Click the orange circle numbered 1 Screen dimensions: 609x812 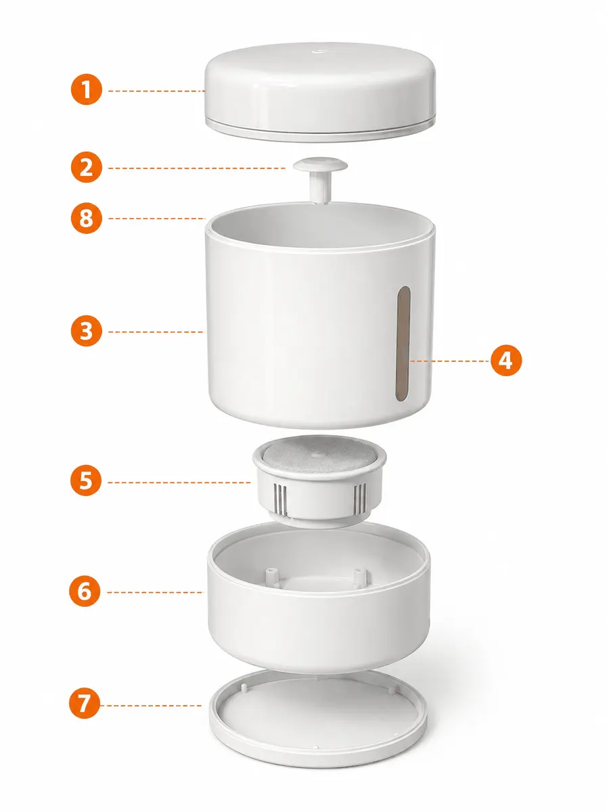coord(87,89)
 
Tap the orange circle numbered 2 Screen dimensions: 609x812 coord(87,167)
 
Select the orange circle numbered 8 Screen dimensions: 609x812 coord(87,218)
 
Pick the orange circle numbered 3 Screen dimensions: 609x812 coord(87,331)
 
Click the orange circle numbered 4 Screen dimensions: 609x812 coord(506,361)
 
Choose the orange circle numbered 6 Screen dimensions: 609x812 coord(85,591)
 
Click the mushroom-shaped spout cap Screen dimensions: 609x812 coord(321,179)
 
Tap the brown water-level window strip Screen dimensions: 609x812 coord(403,343)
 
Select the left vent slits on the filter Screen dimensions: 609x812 coord(280,499)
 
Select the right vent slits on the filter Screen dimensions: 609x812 coord(359,496)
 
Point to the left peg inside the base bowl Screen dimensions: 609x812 coord(272,577)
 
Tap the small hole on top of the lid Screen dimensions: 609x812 coord(318,52)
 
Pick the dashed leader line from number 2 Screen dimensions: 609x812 coord(197,168)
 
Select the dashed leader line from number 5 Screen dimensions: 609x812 coord(179,482)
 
